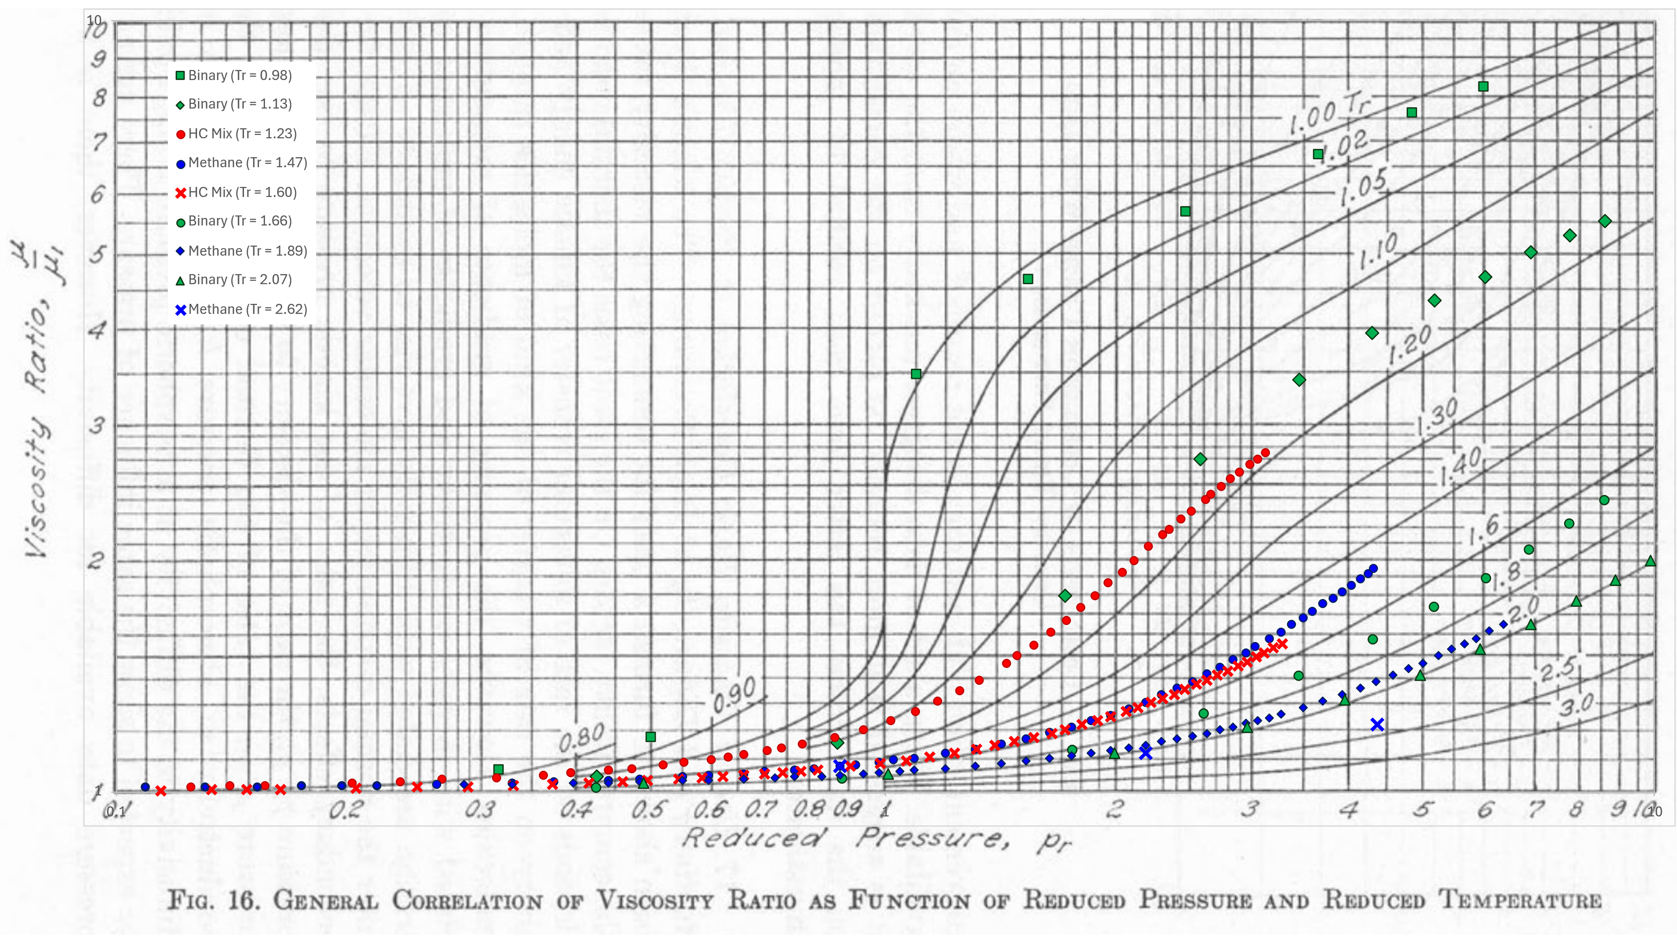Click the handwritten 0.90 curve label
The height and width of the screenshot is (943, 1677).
(734, 695)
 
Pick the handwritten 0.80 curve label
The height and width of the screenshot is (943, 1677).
(581, 737)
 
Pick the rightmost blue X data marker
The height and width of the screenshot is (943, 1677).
(1377, 724)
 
